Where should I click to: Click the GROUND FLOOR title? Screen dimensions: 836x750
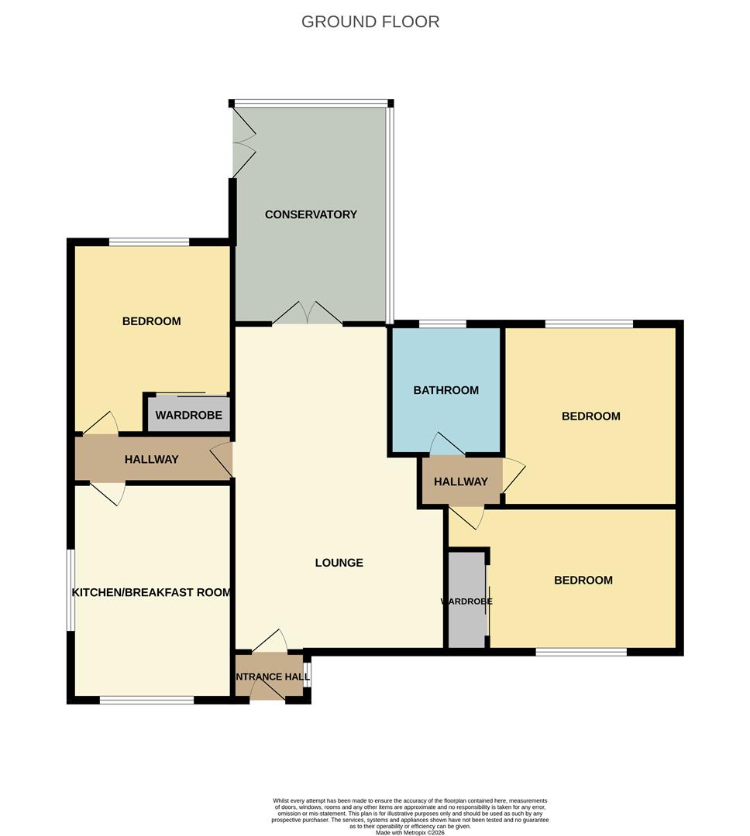(370, 22)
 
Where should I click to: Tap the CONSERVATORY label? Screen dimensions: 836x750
(311, 214)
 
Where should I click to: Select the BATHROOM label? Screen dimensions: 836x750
(446, 390)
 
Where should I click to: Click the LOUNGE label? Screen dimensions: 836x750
(339, 563)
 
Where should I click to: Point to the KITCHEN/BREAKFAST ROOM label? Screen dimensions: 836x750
(152, 593)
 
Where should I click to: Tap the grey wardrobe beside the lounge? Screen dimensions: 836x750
(466, 601)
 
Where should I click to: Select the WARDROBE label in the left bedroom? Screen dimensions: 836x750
(188, 416)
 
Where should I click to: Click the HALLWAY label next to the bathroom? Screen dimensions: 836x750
(461, 481)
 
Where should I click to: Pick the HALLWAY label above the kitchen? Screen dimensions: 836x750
(152, 460)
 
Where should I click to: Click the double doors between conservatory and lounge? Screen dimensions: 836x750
(308, 314)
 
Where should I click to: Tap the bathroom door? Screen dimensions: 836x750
(446, 444)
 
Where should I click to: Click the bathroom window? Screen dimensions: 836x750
(442, 324)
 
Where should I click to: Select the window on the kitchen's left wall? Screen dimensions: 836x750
(71, 590)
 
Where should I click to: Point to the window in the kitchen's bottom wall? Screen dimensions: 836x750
(146, 701)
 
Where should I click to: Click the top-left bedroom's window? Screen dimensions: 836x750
(149, 242)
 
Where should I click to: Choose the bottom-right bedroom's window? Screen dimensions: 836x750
(581, 652)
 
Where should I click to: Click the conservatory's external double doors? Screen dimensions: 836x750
(243, 142)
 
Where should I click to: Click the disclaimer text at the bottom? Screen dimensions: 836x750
(411, 816)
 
